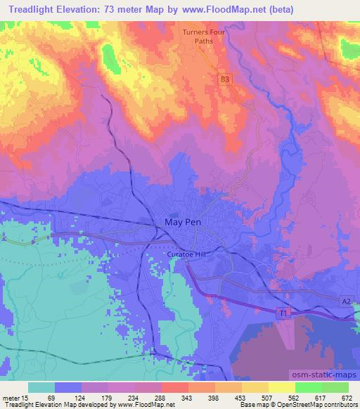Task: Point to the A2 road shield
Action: pos(345,301)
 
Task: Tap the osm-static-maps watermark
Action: pos(330,376)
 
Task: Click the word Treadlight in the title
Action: pos(34,10)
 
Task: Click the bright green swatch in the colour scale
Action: pos(308,387)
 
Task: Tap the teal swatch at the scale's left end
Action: pos(41,387)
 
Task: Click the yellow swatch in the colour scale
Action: pos(281,387)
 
